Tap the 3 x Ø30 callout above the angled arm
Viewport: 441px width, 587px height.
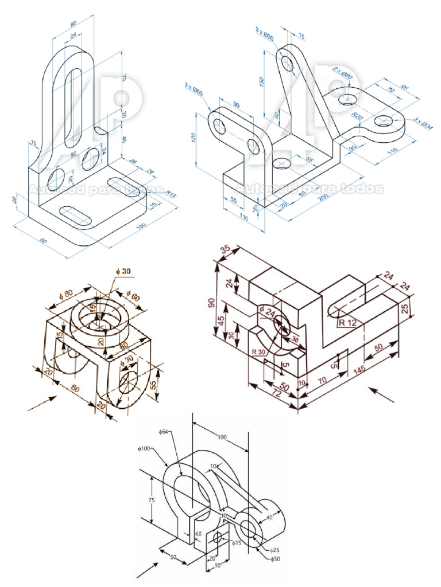[265, 34]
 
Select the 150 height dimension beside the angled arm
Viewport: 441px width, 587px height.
[262, 81]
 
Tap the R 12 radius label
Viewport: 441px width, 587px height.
[347, 323]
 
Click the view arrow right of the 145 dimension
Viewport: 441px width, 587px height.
[382, 394]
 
